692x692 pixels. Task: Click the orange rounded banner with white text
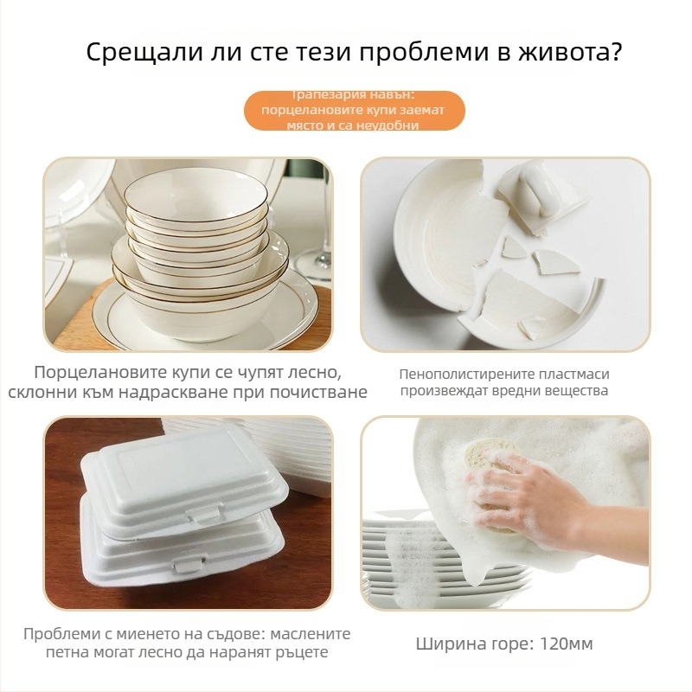[354, 110]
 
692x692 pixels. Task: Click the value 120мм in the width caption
[566, 644]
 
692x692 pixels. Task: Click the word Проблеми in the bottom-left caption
[58, 633]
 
